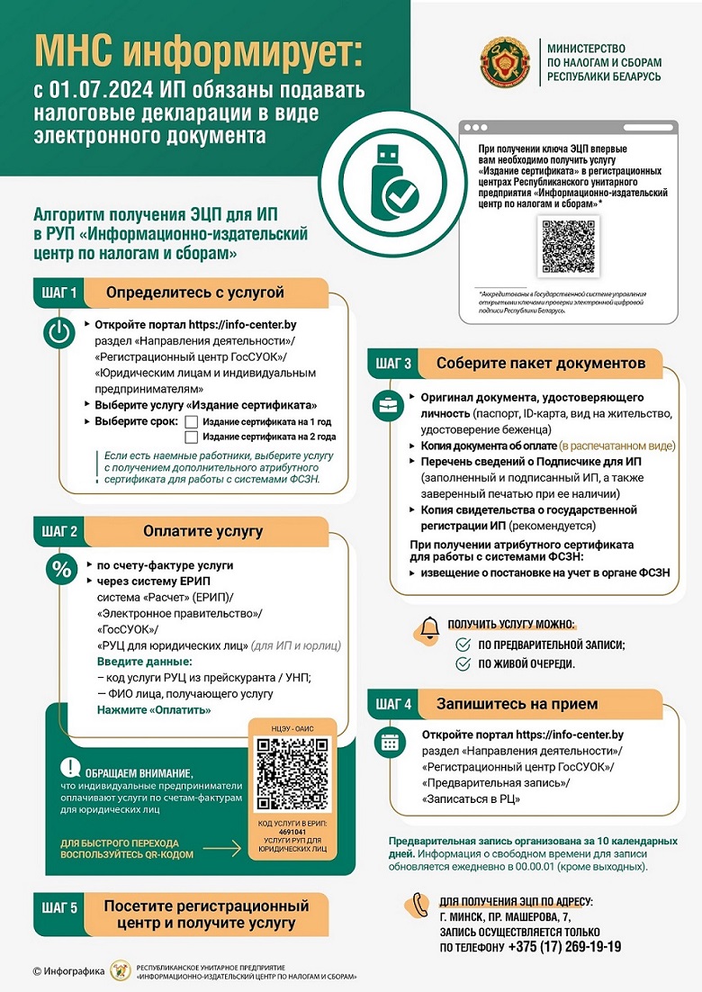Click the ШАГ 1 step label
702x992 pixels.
point(61,293)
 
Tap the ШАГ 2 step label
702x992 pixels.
point(61,530)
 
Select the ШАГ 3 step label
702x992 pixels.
point(393,364)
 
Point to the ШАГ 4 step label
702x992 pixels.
point(393,704)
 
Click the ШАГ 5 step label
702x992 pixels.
point(61,908)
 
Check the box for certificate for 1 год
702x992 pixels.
point(191,421)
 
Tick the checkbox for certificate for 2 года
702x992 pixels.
point(191,437)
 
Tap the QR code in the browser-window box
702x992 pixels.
point(568,245)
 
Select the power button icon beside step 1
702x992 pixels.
point(58,334)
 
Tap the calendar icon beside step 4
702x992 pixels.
point(390,743)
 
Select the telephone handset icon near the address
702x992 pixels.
point(420,904)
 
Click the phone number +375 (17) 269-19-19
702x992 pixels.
point(564,947)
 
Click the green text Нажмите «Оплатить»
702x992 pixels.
point(154,710)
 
